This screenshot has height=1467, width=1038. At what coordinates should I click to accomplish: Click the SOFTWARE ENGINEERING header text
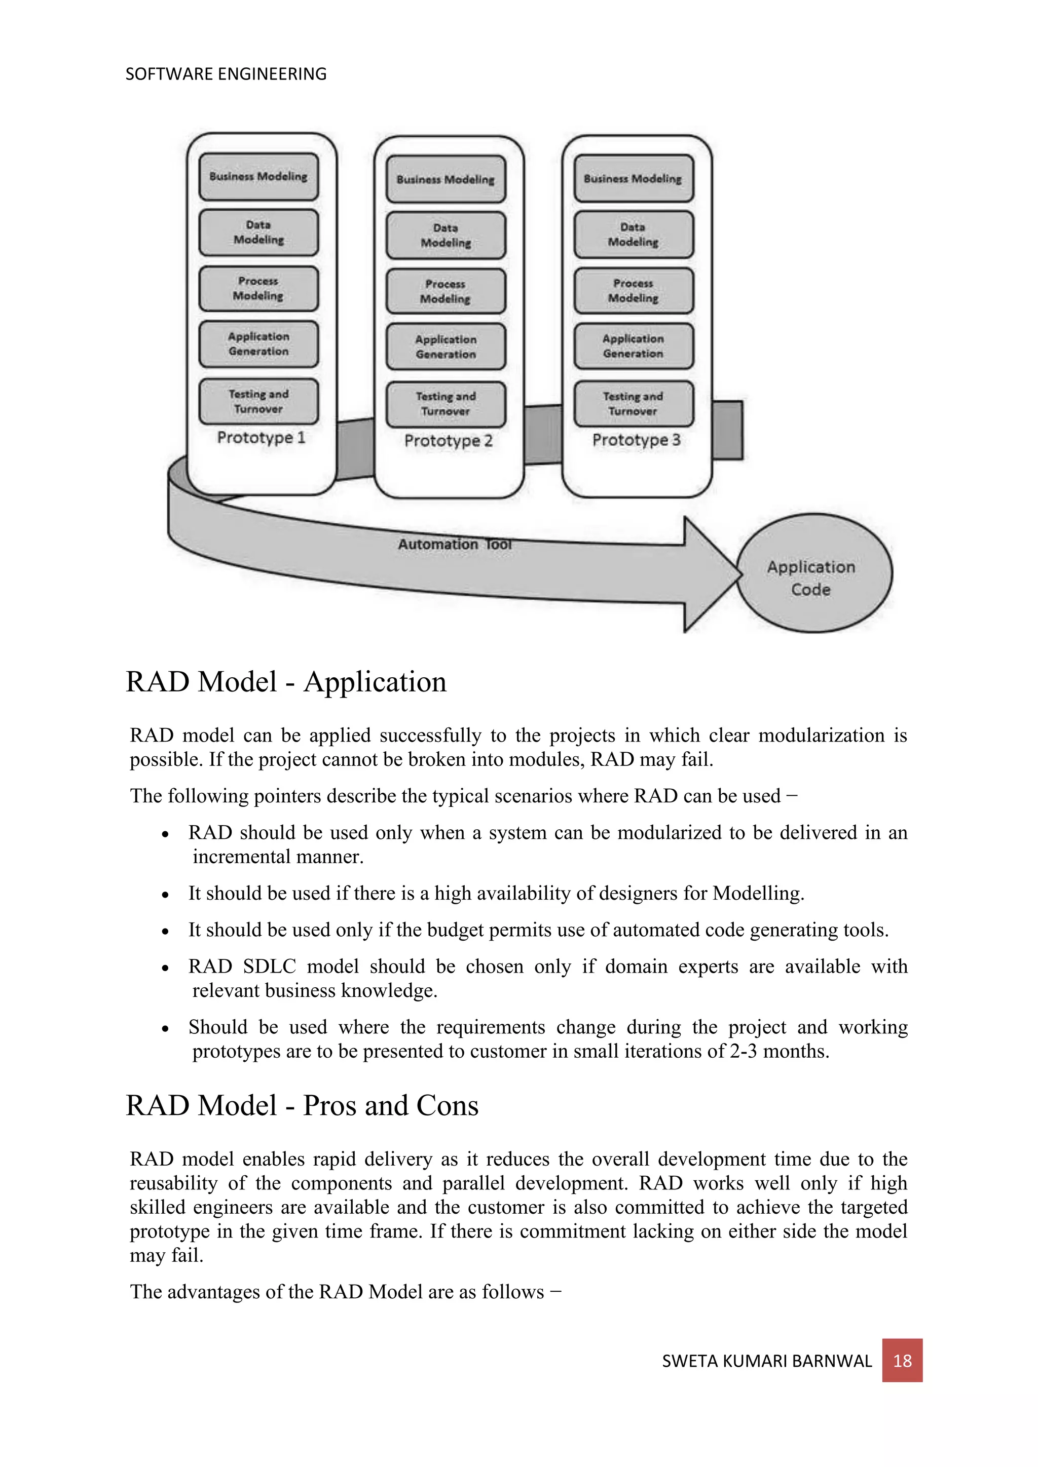pos(226,74)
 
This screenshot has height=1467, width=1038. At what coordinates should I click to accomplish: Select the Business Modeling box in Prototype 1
pos(258,176)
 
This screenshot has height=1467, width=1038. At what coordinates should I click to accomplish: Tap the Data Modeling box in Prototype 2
pos(446,235)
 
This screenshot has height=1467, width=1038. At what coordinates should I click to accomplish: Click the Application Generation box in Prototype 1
pos(258,344)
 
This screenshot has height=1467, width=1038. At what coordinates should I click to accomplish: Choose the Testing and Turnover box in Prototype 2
pos(446,404)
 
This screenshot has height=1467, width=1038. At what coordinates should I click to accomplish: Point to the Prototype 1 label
pos(261,438)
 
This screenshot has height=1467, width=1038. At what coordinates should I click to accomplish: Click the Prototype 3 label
pos(636,440)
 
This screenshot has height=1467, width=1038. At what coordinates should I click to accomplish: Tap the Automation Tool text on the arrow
pos(455,545)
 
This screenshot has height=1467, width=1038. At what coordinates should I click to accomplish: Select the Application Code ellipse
pos(813,574)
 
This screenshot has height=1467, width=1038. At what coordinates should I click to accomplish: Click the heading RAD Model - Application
pos(286,682)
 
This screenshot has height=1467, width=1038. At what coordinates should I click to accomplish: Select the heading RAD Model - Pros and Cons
pos(302,1106)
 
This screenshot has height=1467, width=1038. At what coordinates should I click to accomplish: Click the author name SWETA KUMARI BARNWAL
pos(766,1362)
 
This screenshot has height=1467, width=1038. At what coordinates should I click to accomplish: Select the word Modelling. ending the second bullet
pos(758,893)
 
